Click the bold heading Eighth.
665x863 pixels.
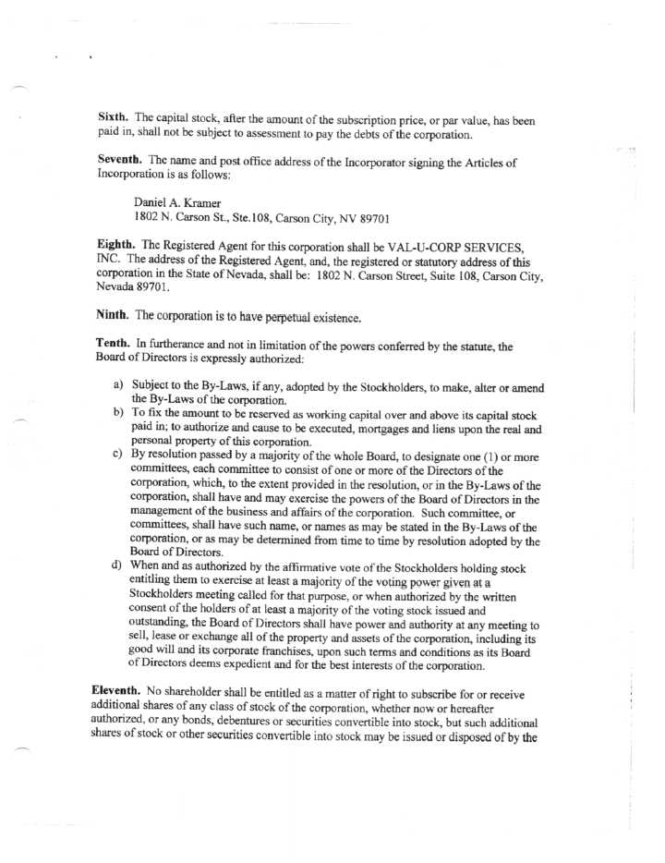[x=117, y=244]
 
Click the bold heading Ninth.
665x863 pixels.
[x=115, y=315]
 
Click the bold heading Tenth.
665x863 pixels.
[x=115, y=344]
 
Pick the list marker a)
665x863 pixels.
[x=118, y=384]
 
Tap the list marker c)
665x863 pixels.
[x=118, y=455]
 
